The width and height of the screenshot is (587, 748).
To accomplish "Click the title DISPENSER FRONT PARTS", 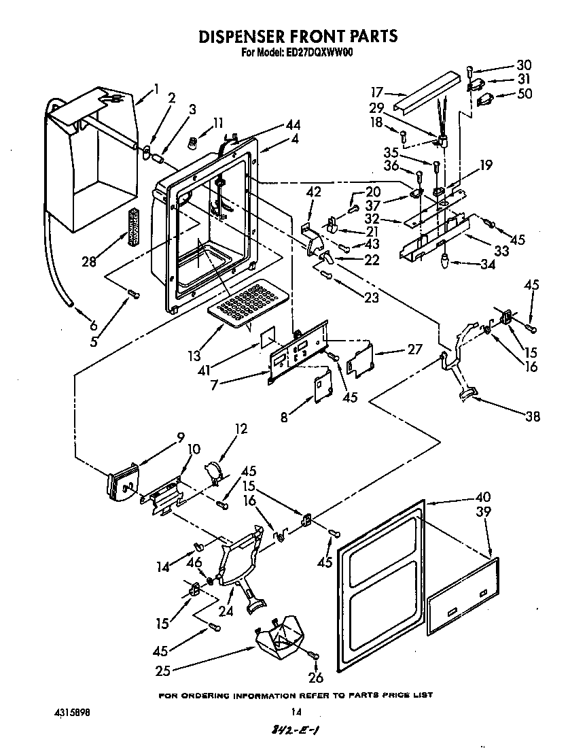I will [x=297, y=36].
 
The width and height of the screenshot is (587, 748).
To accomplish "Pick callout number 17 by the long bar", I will [x=378, y=92].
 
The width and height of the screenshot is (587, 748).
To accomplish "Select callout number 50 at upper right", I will [x=524, y=94].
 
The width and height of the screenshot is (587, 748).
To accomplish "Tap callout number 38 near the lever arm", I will [x=533, y=417].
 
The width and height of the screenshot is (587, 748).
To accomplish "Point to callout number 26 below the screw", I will [x=316, y=677].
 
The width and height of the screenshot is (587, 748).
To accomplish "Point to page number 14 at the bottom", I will [x=296, y=713].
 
